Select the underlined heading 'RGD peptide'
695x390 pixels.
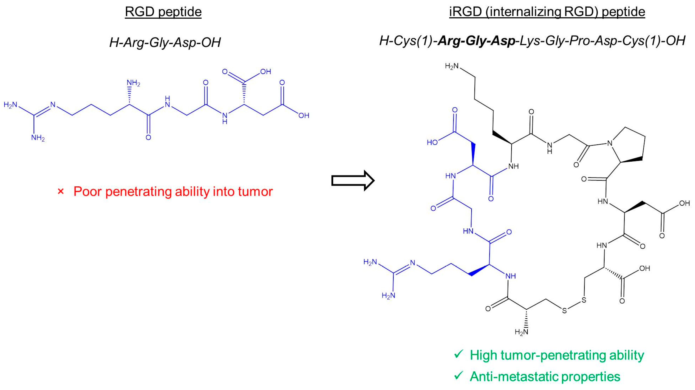pos(163,12)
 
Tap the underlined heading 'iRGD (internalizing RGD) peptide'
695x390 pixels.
pos(547,12)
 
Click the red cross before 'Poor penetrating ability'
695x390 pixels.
pos(61,192)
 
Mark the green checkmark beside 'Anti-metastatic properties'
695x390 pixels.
pos(458,376)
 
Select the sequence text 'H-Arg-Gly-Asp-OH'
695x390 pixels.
pos(165,42)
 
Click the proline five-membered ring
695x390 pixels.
pos(629,146)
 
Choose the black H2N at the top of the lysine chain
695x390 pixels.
pos(452,66)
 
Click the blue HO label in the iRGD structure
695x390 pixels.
pos(432,142)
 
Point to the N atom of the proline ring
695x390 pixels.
pos(610,143)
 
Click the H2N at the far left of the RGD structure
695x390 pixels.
pos(10,104)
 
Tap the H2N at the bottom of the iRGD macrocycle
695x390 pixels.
pos(521,332)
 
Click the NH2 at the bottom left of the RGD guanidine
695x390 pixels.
pos(38,138)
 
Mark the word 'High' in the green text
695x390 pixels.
pos(484,355)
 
